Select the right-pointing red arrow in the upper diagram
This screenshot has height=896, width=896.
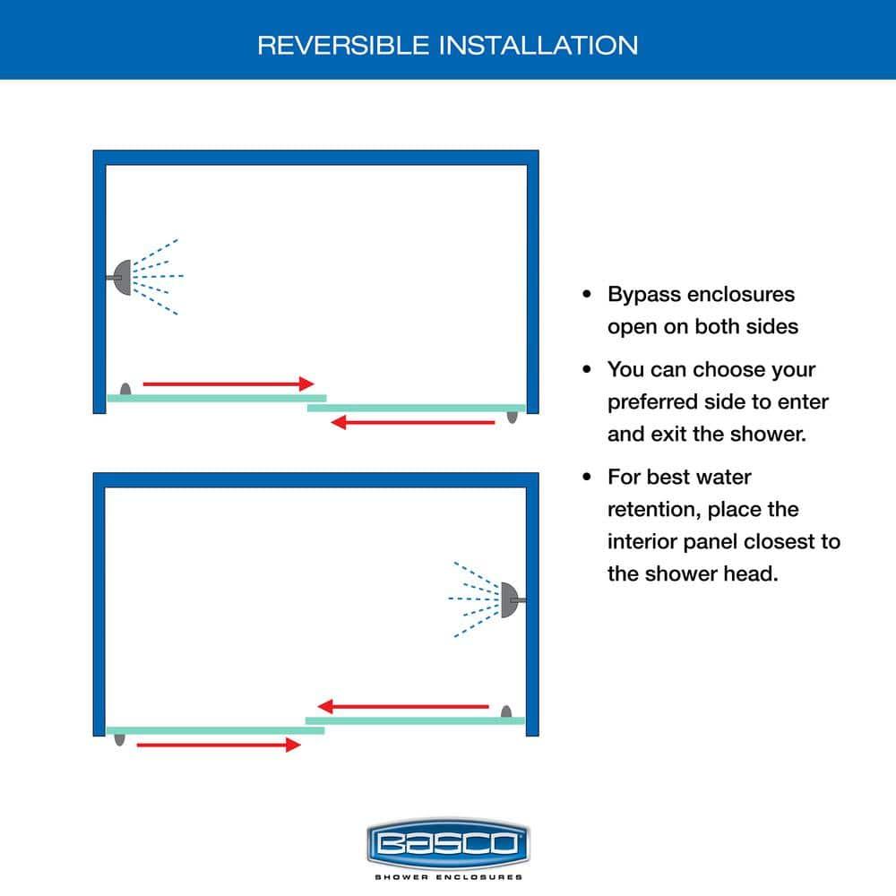228,383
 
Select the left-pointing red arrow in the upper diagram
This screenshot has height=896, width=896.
413,423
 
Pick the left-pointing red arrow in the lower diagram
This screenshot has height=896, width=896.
404,706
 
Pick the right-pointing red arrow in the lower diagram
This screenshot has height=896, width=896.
219,745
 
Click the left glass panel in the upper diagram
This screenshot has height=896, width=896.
216,397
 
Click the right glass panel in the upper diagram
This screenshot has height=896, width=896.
416,408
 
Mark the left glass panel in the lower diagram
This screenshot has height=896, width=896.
215,730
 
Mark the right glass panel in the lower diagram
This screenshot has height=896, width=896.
415,720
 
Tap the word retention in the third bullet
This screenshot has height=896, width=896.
653,510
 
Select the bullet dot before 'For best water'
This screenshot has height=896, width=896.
587,478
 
